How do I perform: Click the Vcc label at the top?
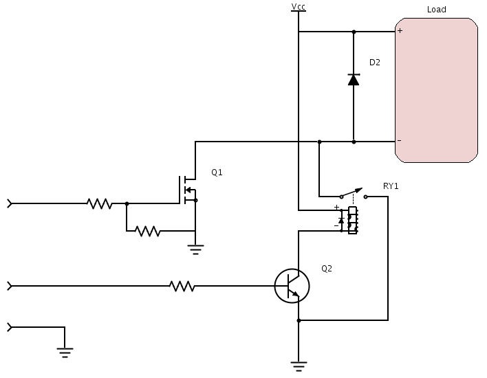click(299, 7)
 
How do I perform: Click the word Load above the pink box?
click(436, 10)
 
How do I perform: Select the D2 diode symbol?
click(354, 80)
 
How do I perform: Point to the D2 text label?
click(375, 63)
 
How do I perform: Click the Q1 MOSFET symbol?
click(187, 190)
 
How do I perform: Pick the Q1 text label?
click(217, 173)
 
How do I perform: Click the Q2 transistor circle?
click(292, 285)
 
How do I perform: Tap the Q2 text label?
click(327, 269)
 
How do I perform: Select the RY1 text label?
click(391, 186)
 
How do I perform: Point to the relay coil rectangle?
click(353, 219)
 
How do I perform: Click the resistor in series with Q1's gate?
click(100, 203)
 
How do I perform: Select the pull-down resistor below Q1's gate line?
click(147, 231)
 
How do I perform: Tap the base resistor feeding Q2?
click(182, 286)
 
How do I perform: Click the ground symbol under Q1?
click(196, 250)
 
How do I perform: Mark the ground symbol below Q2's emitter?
click(299, 366)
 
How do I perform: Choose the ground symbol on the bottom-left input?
click(65, 353)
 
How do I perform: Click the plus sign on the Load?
click(400, 31)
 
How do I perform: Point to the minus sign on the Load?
click(400, 141)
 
